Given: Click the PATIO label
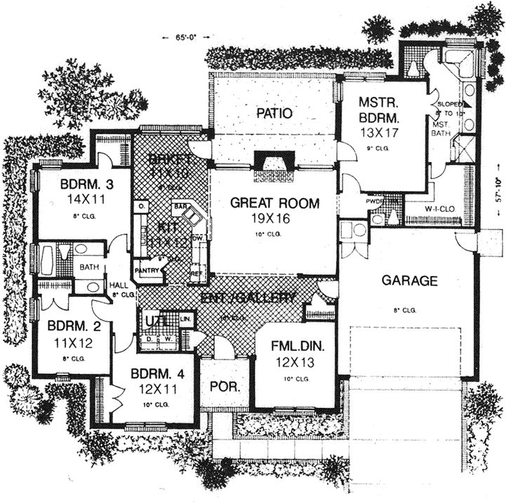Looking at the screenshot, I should [x=274, y=112].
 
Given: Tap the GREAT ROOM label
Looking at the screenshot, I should [x=275, y=204].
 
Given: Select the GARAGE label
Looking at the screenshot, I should [x=409, y=281].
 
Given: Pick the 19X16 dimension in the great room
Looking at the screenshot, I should [x=275, y=218].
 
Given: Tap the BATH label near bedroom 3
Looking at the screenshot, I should [x=88, y=267].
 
